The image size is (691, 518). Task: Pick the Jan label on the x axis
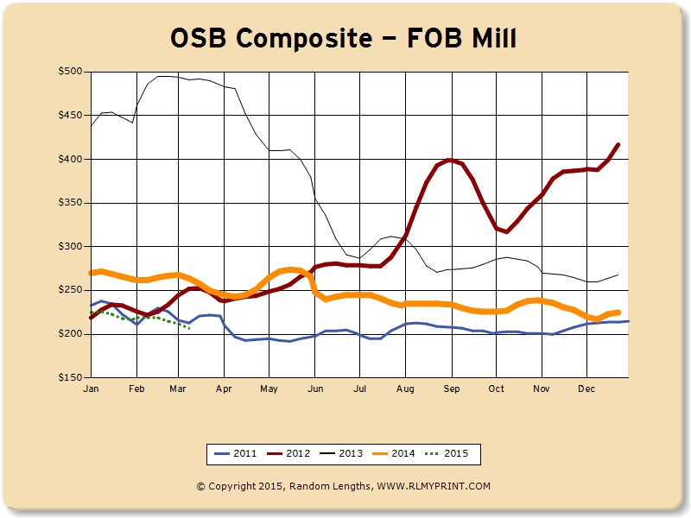(91, 389)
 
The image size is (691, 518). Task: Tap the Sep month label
(451, 389)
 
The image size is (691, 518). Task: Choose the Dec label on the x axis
(586, 389)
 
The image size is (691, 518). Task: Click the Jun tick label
(316, 389)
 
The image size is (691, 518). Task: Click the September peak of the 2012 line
(450, 160)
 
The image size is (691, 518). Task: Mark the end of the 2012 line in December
(618, 144)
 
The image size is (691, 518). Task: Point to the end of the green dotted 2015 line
(189, 327)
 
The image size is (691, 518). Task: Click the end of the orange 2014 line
(619, 312)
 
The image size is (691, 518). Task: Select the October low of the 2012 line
(506, 231)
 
